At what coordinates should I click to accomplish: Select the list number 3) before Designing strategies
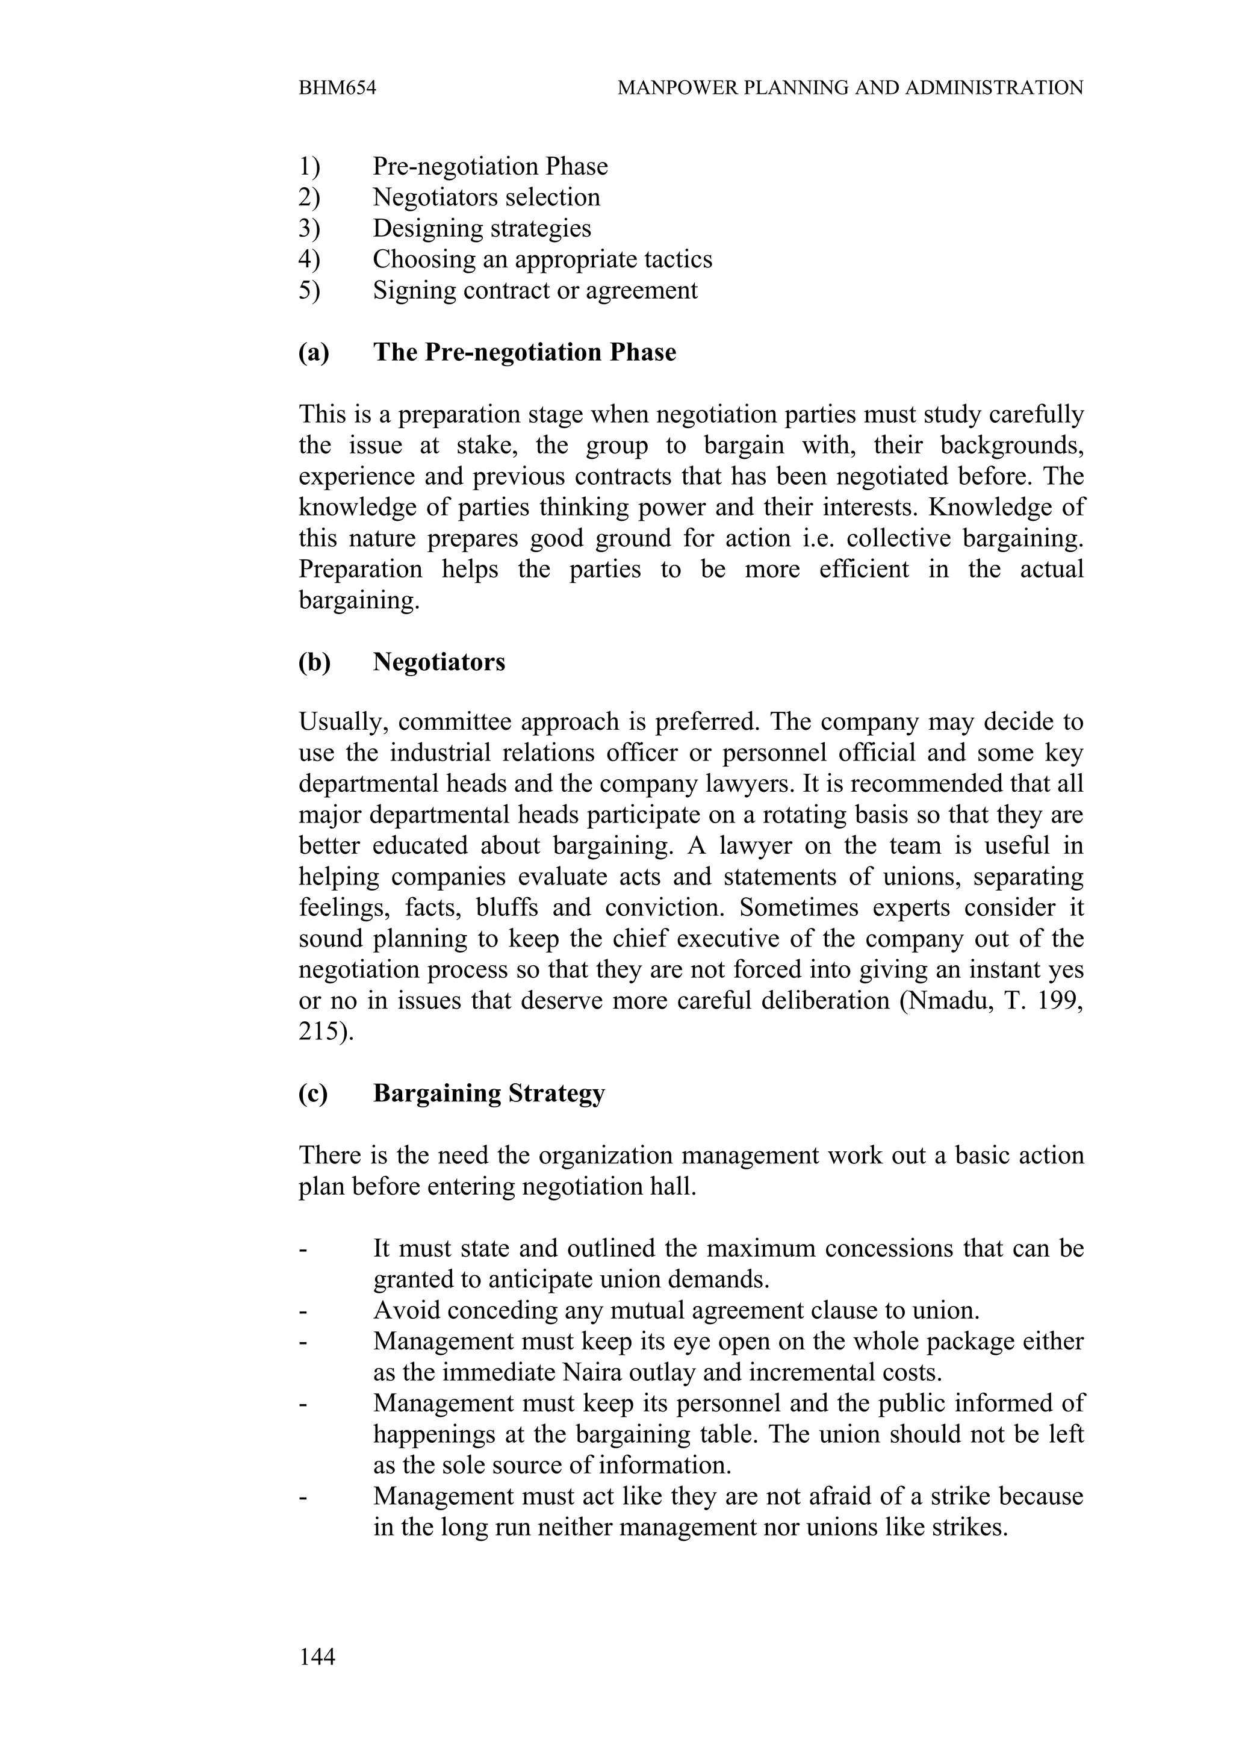(309, 228)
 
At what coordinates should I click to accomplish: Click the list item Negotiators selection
(486, 197)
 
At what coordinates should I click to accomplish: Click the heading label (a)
(314, 353)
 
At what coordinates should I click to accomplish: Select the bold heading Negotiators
(438, 662)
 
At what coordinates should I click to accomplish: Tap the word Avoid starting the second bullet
(403, 1310)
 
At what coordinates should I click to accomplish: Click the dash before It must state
(303, 1249)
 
